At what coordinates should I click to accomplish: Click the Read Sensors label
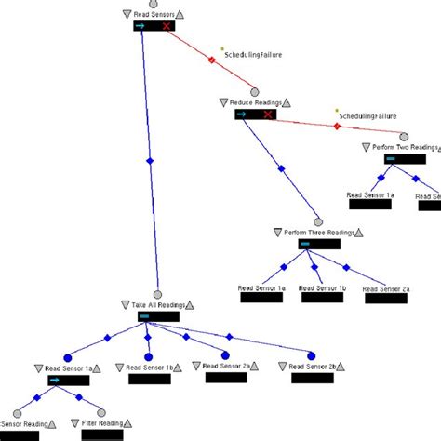click(154, 14)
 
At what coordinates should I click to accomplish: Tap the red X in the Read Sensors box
click(167, 27)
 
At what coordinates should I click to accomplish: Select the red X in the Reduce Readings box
click(268, 114)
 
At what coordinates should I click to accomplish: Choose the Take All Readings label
click(159, 304)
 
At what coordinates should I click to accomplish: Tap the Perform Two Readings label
click(398, 147)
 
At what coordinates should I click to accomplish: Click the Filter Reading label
click(102, 424)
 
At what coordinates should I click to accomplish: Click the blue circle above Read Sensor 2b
click(311, 354)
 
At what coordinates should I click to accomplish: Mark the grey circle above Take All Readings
click(158, 294)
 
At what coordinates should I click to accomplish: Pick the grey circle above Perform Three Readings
click(318, 221)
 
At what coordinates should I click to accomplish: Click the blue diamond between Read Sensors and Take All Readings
click(150, 161)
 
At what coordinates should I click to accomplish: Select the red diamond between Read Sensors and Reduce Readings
click(211, 60)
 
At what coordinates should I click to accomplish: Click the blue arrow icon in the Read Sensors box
click(140, 27)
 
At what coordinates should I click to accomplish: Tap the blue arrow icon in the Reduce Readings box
click(242, 114)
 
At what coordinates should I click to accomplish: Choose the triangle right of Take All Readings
click(194, 304)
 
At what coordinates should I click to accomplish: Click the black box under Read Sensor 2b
click(312, 379)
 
